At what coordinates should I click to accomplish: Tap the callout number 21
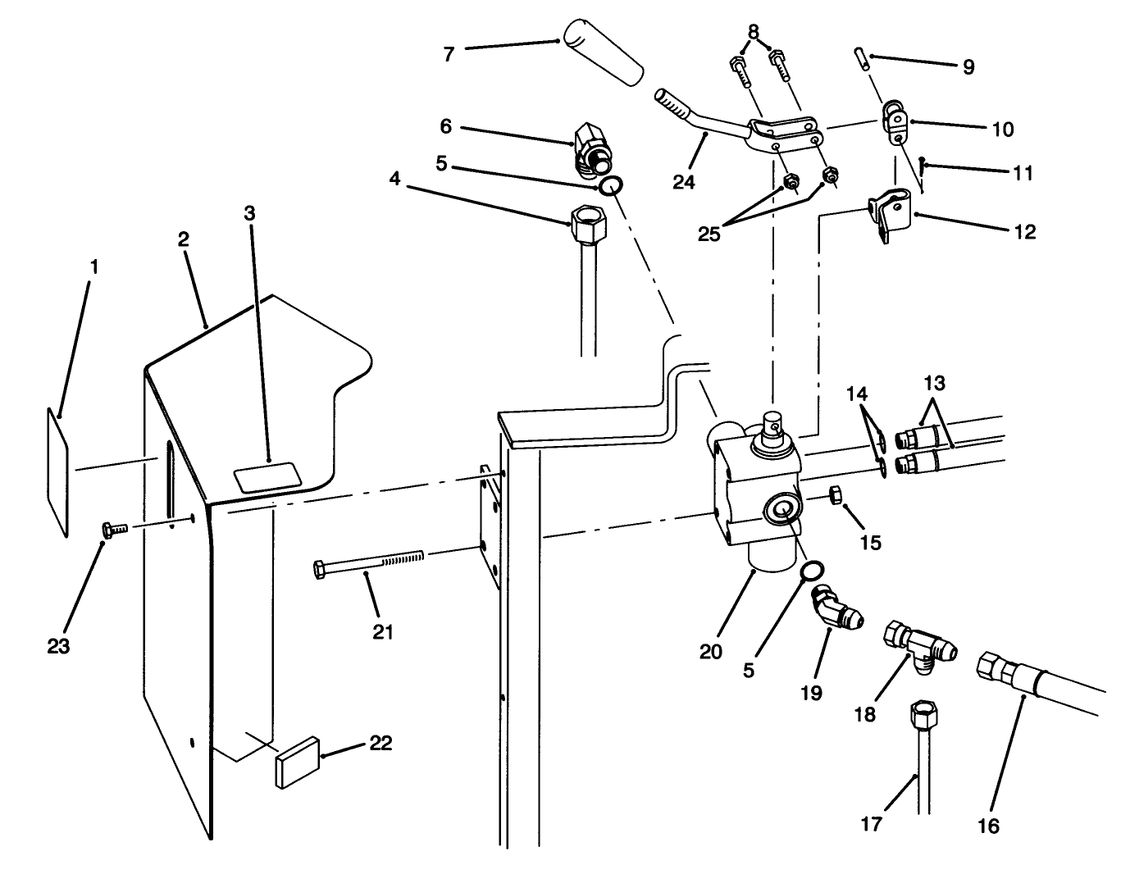pos(383,631)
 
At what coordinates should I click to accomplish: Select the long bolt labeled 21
pos(369,561)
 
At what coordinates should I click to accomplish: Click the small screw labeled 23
pos(112,530)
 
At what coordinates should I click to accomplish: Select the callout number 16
pos(989,826)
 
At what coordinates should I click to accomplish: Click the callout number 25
pos(709,234)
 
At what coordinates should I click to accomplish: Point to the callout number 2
pos(183,239)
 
